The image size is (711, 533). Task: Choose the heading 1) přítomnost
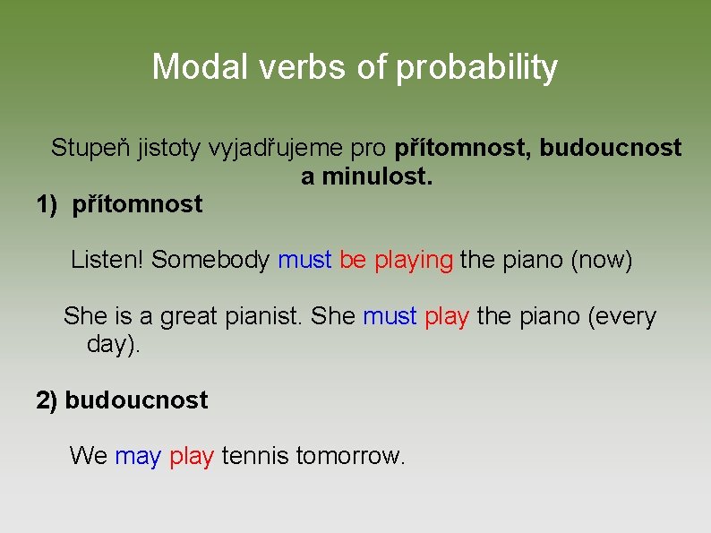[119, 205]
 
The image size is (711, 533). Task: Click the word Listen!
[107, 261]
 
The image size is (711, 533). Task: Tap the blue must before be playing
[304, 261]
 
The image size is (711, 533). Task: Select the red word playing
[414, 262]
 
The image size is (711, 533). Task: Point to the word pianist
[264, 316]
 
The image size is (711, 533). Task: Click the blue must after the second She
[390, 316]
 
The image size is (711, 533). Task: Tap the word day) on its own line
[114, 345]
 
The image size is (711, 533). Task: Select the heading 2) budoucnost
[122, 400]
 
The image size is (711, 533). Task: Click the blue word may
[138, 457]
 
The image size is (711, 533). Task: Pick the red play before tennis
[191, 457]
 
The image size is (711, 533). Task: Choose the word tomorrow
[350, 456]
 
